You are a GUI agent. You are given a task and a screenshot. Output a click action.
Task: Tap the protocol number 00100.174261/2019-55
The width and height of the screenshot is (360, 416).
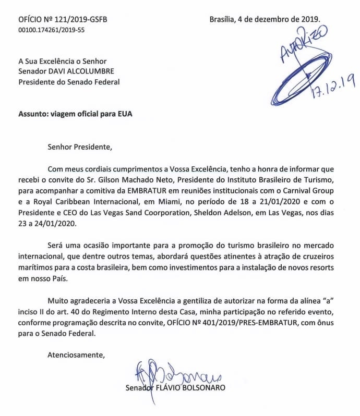point(51,31)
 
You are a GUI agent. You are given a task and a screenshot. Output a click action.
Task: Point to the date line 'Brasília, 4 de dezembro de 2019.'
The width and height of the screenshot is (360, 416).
point(265,20)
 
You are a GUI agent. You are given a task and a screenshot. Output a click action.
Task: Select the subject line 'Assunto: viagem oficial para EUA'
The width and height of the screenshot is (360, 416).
point(76,114)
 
